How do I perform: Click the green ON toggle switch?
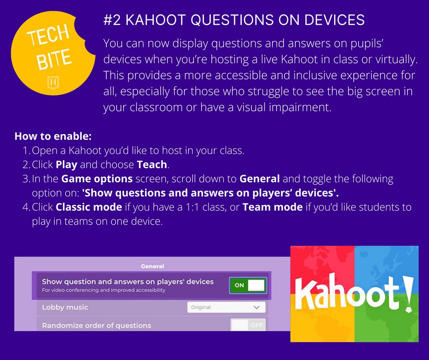(247, 285)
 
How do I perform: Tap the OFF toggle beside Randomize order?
(248, 325)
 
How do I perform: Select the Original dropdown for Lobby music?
(226, 307)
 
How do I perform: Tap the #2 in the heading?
(111, 20)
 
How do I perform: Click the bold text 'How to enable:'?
(53, 136)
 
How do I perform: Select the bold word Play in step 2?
(66, 164)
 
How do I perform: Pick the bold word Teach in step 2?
(152, 164)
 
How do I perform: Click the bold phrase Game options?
(97, 179)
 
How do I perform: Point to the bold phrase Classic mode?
(89, 207)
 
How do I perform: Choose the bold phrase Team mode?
(272, 207)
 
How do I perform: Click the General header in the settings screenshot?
(152, 266)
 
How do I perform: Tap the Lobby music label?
(65, 307)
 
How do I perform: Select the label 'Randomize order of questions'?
(96, 326)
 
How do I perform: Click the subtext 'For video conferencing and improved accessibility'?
(104, 290)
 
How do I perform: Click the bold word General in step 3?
(260, 179)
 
